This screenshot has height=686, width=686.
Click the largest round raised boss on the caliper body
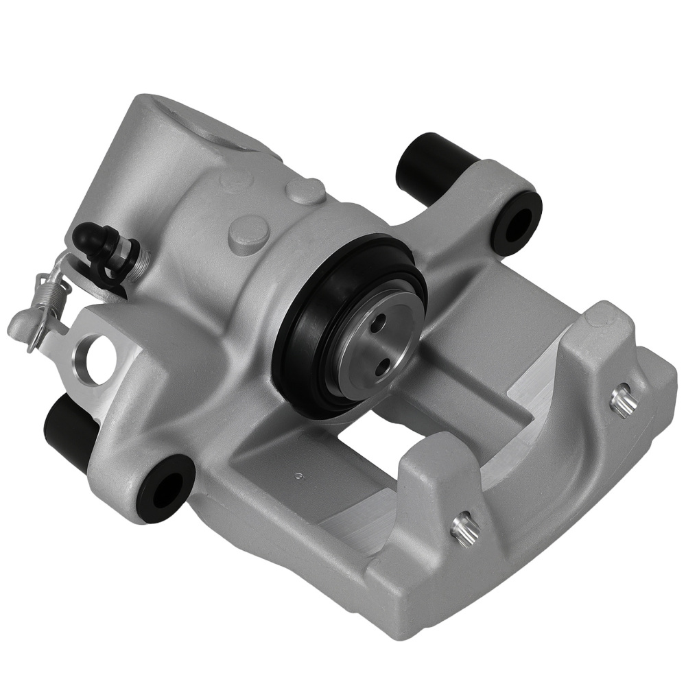(x=248, y=234)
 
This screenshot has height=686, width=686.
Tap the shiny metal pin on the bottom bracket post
(x=465, y=529)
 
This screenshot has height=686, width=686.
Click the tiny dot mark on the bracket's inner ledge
(x=298, y=475)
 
